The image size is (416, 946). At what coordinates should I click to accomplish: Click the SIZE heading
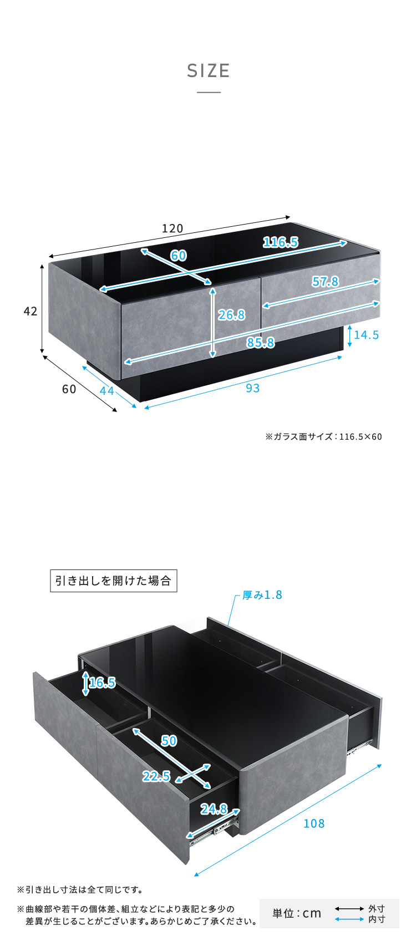point(208,71)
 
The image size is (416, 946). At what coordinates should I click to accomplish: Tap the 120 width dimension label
point(173,228)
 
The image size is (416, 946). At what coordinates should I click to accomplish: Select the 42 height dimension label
point(31,311)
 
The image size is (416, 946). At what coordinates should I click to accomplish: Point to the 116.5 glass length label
point(280,242)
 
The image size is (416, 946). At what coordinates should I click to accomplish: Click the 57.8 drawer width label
point(325,282)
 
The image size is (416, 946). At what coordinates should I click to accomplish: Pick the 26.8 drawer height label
point(231,315)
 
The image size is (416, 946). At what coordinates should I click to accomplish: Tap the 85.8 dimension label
point(260,343)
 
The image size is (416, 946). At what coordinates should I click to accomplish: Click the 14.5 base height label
point(366,334)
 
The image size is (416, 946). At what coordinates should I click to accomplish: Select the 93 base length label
point(252,388)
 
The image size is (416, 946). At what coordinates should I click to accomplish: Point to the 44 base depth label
point(106,391)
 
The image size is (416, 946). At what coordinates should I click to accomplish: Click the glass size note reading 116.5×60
point(324,436)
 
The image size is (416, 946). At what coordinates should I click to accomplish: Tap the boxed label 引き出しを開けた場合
point(114,581)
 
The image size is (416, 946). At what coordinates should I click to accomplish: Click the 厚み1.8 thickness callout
point(262,595)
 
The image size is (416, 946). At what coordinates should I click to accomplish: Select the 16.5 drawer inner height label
point(102,682)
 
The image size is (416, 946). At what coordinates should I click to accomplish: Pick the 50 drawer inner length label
point(169,740)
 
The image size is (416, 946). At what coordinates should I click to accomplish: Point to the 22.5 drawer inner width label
point(156,776)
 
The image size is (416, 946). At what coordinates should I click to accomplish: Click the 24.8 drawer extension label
point(214,809)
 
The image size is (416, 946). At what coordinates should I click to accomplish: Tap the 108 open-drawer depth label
point(314,823)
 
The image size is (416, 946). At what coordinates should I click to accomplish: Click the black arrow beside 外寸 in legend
point(349,909)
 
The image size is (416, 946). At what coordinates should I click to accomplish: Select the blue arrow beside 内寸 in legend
point(349,919)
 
